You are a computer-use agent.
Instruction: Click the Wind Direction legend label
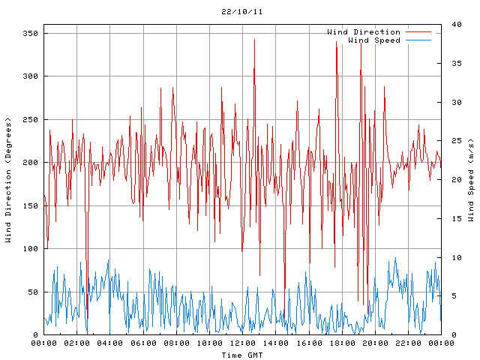pos(364,32)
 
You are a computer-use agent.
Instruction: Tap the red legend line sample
pos(418,32)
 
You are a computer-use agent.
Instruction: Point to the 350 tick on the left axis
pos(31,34)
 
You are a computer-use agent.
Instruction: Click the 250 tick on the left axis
pos(31,120)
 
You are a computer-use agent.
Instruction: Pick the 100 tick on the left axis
pos(31,249)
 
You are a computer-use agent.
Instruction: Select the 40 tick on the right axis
pos(452,25)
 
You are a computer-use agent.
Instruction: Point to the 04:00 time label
pos(110,343)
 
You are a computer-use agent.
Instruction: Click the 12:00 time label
pos(242,343)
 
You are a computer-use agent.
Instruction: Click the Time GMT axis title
pos(241,354)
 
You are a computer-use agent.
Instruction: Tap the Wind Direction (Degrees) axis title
pos(8,180)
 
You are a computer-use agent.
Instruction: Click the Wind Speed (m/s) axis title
pos(471,180)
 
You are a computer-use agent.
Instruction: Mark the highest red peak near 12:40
pos(255,40)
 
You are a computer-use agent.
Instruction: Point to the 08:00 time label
pos(176,343)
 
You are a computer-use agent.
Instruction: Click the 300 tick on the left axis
pos(31,76)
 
